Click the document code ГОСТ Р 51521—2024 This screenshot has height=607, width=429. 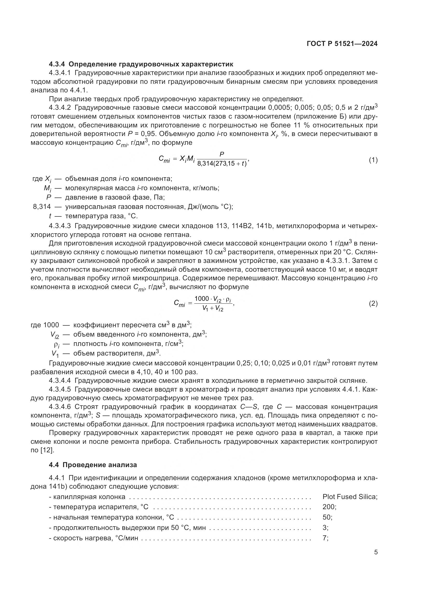tap(342, 44)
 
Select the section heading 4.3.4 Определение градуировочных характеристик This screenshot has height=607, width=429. tap(141, 64)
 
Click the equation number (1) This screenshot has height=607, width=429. tap(373, 160)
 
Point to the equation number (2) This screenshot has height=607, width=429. tap(373, 304)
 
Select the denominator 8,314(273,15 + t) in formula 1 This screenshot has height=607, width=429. tap(222, 164)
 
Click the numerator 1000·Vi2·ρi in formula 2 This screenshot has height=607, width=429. tap(213, 299)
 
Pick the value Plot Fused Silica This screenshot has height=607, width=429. tap(350, 497)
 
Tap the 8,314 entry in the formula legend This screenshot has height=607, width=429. tap(42, 207)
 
